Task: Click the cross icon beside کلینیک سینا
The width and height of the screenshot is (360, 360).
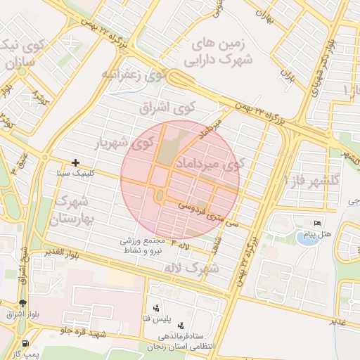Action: coord(76,163)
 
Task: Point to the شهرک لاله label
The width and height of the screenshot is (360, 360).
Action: coord(191,269)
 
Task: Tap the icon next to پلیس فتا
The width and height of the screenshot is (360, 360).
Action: coord(155,309)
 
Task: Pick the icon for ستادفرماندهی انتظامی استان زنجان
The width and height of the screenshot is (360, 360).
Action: coord(181,326)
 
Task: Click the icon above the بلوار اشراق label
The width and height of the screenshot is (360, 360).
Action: coord(23,302)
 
